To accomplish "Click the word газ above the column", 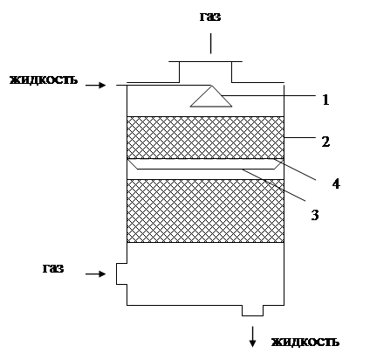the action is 210,17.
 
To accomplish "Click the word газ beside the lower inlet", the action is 53,268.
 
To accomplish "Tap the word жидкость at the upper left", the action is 44,80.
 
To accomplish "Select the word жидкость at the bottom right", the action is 305,342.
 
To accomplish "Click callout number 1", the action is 325,100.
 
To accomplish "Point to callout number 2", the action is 325,142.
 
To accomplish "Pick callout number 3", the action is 315,215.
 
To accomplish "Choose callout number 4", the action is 336,184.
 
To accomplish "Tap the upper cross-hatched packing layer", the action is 205,137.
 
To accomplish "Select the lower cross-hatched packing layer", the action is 205,211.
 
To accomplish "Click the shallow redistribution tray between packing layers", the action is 205,164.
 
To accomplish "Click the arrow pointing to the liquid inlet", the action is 95,85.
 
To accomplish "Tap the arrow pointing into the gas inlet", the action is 95,273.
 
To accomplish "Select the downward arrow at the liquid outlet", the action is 252,336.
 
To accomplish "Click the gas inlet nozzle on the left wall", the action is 121,273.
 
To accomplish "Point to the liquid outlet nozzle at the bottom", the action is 252,310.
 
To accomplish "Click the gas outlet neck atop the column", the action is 205,72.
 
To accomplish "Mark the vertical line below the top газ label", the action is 211,44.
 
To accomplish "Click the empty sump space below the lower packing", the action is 205,273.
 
